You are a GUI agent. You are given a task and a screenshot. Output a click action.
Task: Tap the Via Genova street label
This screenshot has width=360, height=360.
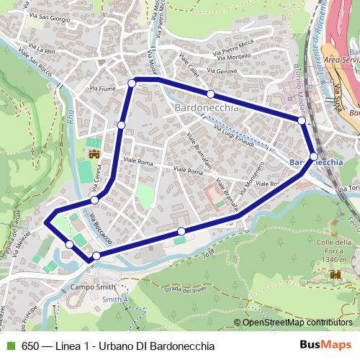221,71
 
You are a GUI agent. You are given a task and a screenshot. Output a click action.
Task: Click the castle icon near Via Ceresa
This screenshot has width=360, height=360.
94,153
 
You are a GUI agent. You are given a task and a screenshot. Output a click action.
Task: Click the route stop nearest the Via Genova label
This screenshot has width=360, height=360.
210,94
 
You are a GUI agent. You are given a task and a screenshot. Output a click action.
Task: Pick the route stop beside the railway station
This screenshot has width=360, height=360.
315,156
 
